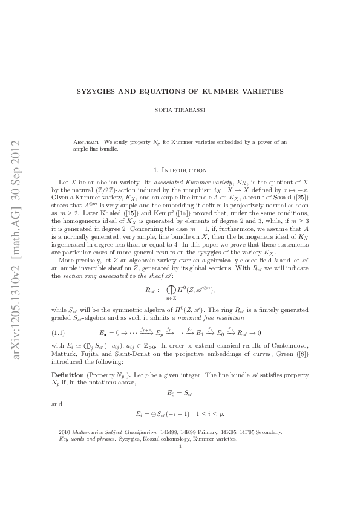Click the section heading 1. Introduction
[x=180, y=170]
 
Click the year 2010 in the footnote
[x=64, y=432]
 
